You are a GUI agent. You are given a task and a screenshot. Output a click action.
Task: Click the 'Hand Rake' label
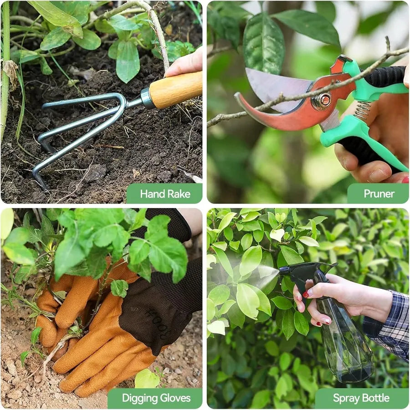click(x=165, y=194)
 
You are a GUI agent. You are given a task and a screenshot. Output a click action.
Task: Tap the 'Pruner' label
click(x=379, y=194)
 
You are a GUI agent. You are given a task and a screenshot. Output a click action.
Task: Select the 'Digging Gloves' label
click(x=156, y=398)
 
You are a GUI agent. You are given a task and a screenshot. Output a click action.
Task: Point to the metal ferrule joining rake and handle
click(x=147, y=98)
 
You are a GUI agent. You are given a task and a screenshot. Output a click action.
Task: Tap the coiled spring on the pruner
click(x=362, y=111)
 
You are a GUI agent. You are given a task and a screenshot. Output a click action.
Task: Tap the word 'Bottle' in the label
click(x=375, y=398)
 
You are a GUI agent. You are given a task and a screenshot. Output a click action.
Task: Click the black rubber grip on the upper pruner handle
click(x=385, y=76)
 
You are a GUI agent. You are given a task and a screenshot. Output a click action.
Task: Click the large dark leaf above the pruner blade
click(x=263, y=43)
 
